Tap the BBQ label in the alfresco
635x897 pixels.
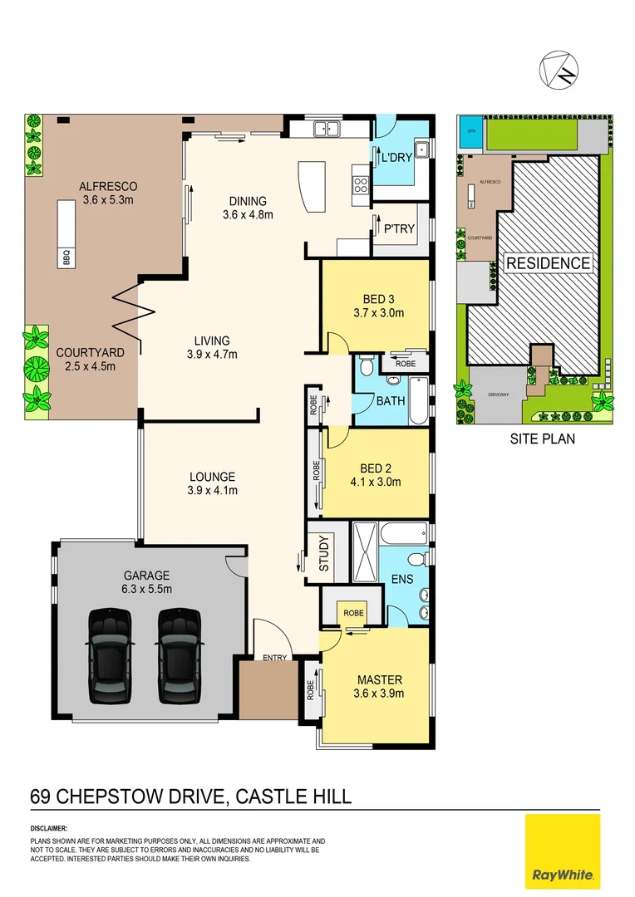(67, 259)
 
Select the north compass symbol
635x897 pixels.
(559, 71)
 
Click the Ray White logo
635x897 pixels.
(563, 851)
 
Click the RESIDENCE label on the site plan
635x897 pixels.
(549, 263)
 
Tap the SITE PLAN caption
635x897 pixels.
(542, 439)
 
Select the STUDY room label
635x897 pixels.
(324, 552)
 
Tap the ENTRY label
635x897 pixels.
(274, 658)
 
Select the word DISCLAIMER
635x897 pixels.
(49, 829)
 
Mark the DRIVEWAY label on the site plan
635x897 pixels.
(497, 395)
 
